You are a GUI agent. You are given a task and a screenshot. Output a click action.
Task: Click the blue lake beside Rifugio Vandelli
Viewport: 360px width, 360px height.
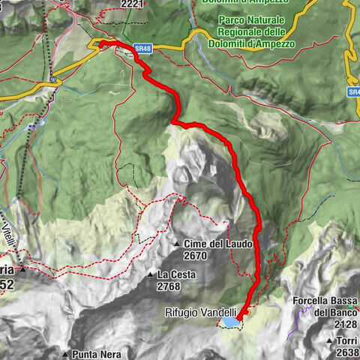click(x=229, y=322)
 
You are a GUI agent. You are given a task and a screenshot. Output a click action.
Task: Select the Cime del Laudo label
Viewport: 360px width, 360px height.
click(x=220, y=244)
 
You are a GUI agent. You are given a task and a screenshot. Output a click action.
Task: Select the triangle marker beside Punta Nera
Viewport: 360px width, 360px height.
click(x=66, y=353)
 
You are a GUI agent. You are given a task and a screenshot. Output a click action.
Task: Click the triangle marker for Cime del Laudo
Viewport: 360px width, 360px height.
click(x=178, y=244)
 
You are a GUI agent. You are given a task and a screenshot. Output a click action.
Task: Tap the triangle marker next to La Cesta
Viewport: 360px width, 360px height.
click(x=151, y=275)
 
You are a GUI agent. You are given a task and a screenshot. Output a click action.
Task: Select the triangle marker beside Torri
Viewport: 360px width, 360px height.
click(x=329, y=340)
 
